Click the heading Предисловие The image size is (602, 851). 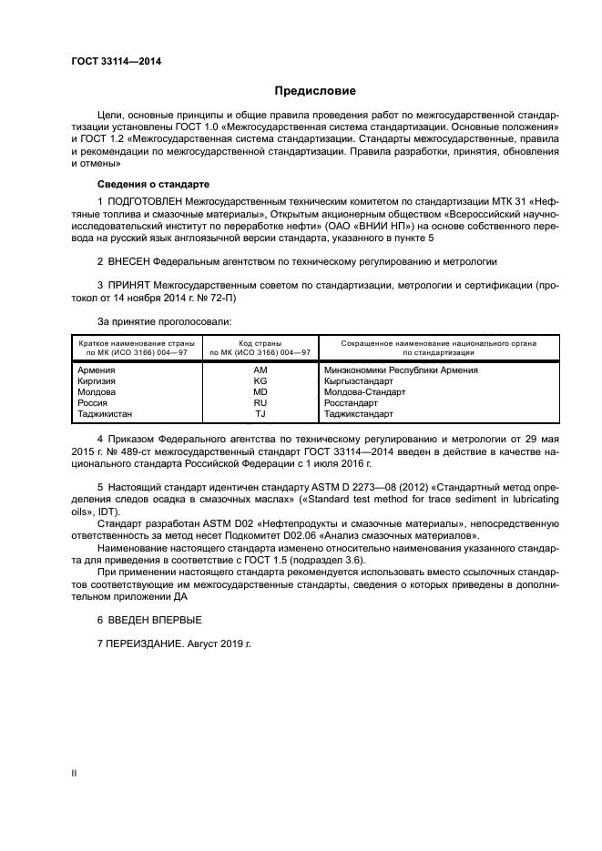pyautogui.click(x=316, y=91)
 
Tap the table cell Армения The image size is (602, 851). pyautogui.click(x=97, y=370)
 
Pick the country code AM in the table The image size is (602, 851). pyautogui.click(x=260, y=370)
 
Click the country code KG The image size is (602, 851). pyautogui.click(x=260, y=381)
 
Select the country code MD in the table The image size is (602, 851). pyautogui.click(x=260, y=392)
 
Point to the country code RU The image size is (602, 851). pyautogui.click(x=260, y=403)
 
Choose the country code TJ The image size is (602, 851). pyautogui.click(x=260, y=414)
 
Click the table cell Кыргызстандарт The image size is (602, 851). pyautogui.click(x=359, y=381)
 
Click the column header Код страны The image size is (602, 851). pyautogui.click(x=260, y=343)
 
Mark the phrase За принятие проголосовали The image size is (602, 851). pyautogui.click(x=164, y=321)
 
